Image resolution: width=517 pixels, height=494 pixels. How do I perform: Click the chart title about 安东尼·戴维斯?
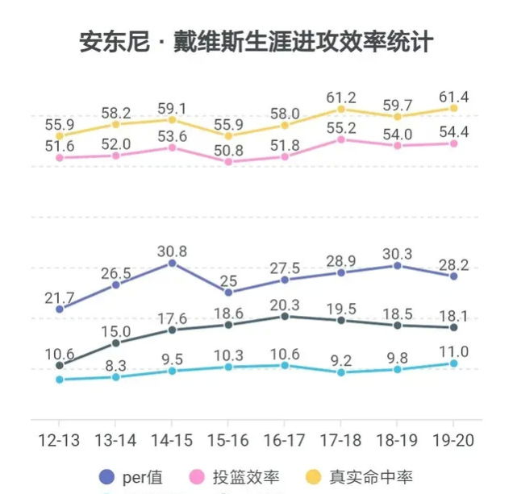pos(256,42)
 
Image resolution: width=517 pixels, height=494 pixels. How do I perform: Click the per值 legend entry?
pos(129,476)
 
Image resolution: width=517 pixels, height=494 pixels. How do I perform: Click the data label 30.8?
pos(172,251)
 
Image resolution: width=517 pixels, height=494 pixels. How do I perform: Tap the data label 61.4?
pos(454,98)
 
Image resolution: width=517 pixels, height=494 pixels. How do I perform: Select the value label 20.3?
pos(285,305)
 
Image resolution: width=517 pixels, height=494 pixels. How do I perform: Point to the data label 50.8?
pos(228,149)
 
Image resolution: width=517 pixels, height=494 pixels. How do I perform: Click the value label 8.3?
pos(115,365)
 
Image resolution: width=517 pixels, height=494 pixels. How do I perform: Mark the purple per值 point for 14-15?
pos(172,263)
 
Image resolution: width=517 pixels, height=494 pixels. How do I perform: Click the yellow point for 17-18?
pos(341,109)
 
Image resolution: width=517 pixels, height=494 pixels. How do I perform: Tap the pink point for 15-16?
pos(228,162)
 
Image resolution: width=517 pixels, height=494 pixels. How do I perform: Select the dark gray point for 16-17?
pos(285,317)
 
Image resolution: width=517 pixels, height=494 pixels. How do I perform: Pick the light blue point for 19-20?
pos(454,363)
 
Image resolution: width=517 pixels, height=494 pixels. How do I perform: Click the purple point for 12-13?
pos(59,309)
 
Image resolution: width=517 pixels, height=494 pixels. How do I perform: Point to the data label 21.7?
pos(59,297)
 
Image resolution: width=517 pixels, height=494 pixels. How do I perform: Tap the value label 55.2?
pos(341,127)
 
